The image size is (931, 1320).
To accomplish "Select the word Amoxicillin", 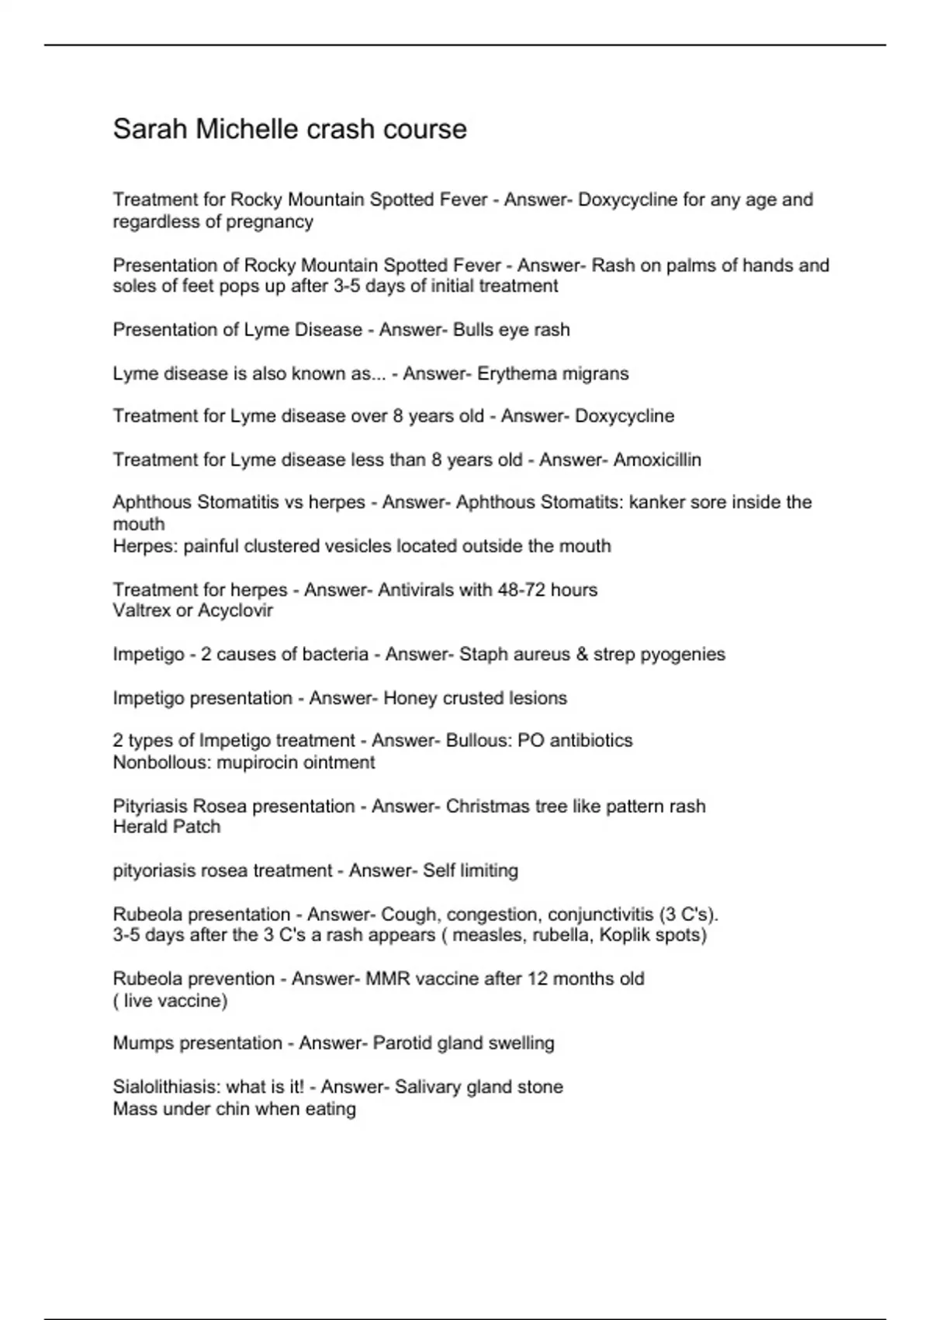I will [x=657, y=460].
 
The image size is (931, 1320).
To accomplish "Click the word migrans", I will [x=597, y=373].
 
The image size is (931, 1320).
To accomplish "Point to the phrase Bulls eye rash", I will [x=511, y=330].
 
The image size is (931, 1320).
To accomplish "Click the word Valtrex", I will [x=142, y=611].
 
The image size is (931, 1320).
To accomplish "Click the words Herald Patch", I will [x=166, y=827].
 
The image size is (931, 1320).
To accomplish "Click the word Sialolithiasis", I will [x=164, y=1086].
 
